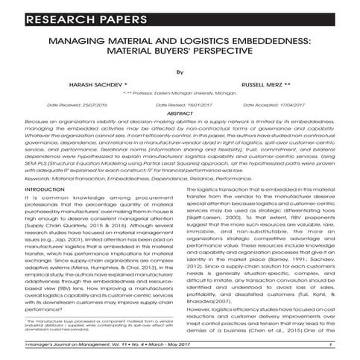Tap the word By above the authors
[180, 72]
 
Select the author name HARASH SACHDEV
[93, 86]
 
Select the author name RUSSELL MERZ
[266, 86]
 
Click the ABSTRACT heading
[180, 113]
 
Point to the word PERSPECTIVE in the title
[242, 54]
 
